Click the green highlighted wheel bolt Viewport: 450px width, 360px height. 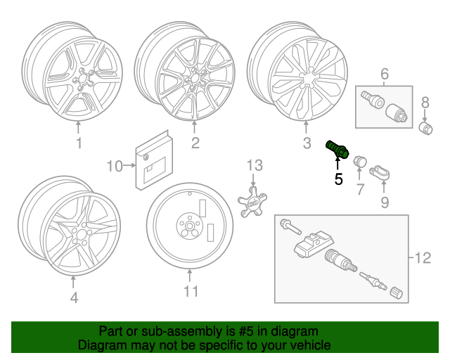tap(335, 150)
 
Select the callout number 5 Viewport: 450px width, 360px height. tap(339, 179)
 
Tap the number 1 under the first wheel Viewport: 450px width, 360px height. tap(79, 143)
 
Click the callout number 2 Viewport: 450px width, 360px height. tap(195, 143)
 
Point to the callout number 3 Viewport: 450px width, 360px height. tap(306, 145)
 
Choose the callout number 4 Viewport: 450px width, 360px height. tap(73, 298)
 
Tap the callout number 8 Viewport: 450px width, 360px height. tap(425, 104)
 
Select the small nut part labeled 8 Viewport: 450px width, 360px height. tap(425, 128)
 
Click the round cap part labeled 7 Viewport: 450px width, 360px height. tap(361, 160)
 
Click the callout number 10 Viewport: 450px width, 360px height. tap(114, 166)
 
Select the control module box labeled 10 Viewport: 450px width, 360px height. tap(152, 160)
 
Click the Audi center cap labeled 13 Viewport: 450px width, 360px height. tap(252, 202)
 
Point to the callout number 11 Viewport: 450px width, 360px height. tap(191, 291)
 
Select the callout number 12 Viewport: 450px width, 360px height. tap(422, 258)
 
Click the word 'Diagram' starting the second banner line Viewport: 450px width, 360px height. tap(101, 346)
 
